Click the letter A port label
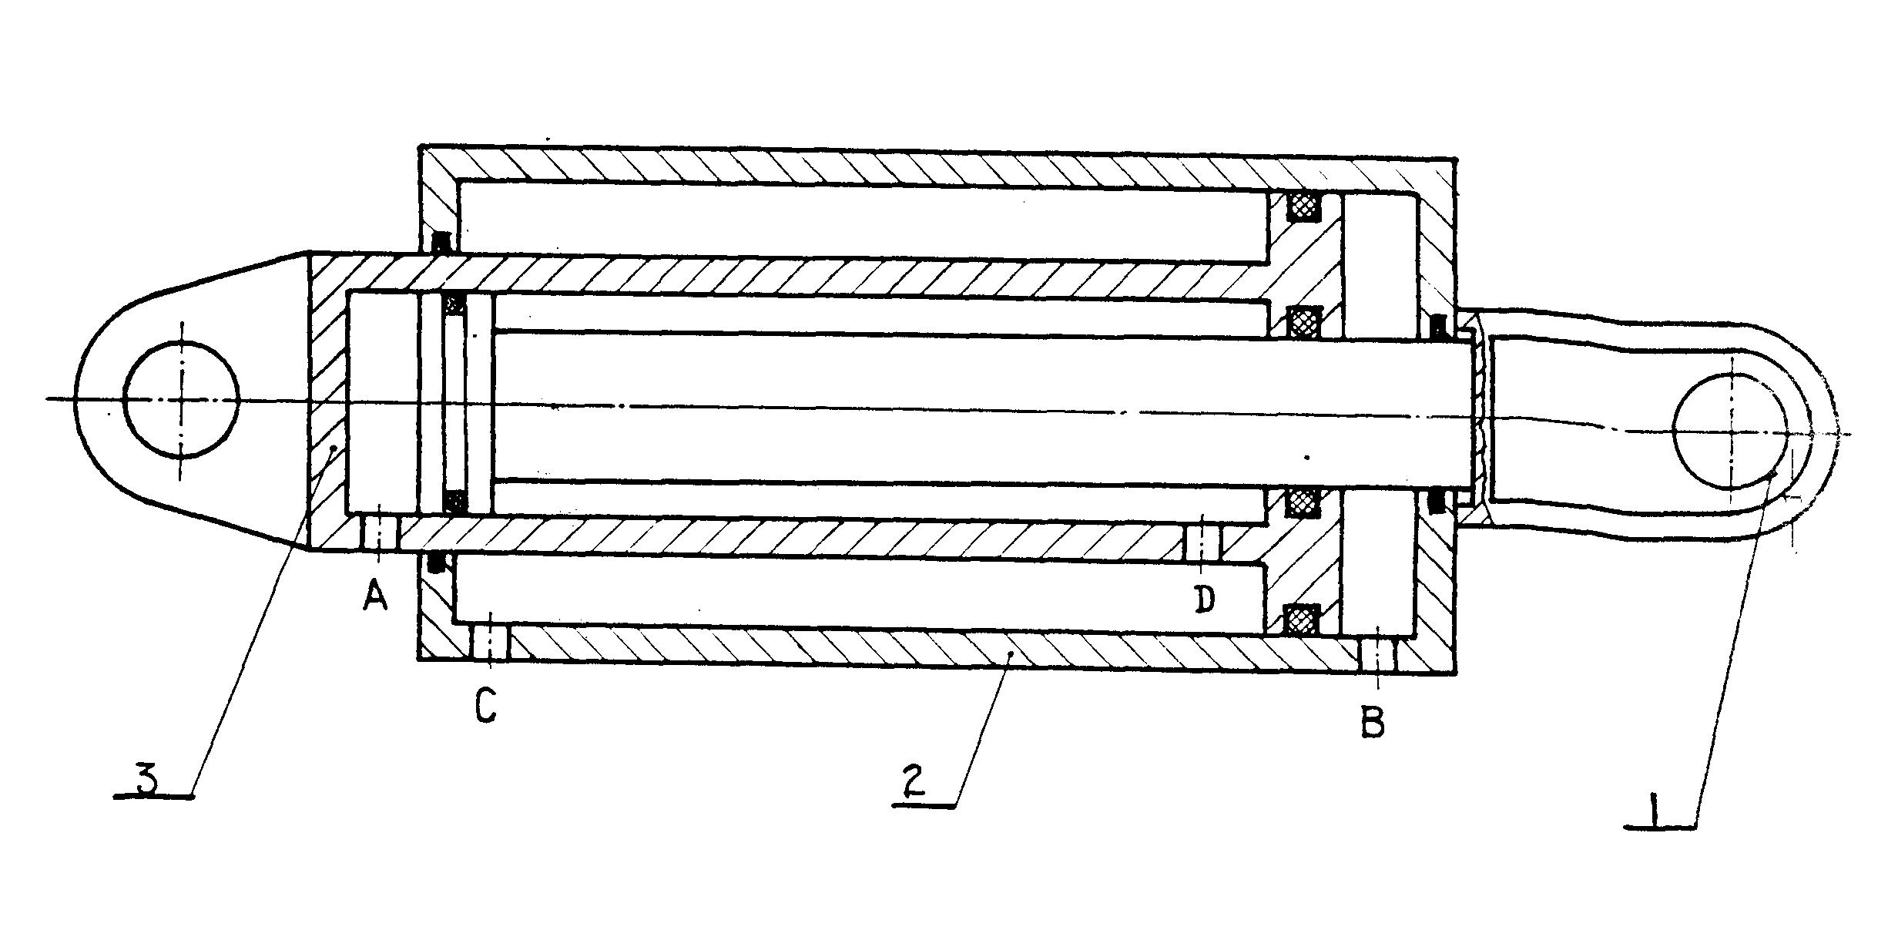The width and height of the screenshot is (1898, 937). [x=374, y=596]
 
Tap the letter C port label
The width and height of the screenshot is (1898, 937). [x=485, y=704]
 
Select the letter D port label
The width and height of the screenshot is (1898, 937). [x=1206, y=599]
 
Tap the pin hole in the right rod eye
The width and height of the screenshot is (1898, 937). [x=1730, y=431]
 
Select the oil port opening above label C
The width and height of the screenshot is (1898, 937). [x=488, y=643]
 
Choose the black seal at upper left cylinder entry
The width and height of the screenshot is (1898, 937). [x=441, y=243]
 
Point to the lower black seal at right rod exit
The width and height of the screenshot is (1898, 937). [x=1435, y=501]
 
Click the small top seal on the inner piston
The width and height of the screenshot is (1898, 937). [x=456, y=304]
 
